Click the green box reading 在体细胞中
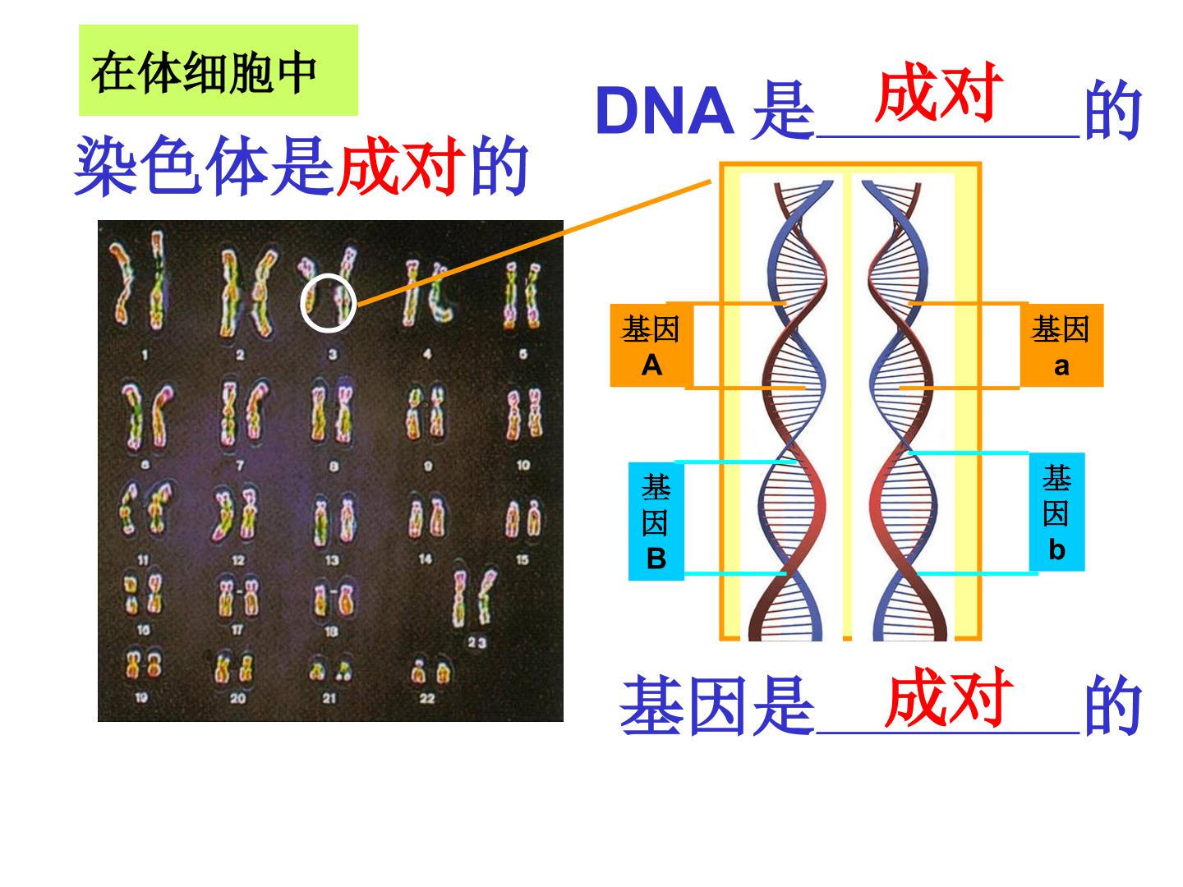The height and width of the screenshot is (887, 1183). click(x=219, y=70)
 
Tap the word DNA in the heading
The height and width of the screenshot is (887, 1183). click(x=665, y=110)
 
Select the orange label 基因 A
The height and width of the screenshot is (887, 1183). click(x=651, y=345)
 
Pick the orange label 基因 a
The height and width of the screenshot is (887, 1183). click(x=1061, y=345)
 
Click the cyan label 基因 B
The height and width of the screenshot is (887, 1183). click(x=656, y=522)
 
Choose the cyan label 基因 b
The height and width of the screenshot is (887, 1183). click(x=1056, y=512)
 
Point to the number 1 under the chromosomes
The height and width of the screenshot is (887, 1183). click(x=144, y=355)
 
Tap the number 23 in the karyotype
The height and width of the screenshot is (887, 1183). click(x=476, y=642)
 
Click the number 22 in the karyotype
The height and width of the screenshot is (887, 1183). click(x=427, y=698)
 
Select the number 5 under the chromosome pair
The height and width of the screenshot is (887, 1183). click(x=522, y=354)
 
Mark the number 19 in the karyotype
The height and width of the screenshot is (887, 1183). click(x=141, y=698)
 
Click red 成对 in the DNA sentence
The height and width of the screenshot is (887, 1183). click(x=939, y=91)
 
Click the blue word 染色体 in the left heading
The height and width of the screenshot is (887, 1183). click(x=172, y=165)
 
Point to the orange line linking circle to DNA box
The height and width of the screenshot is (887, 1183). click(x=533, y=243)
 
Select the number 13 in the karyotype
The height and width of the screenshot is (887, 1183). click(x=332, y=560)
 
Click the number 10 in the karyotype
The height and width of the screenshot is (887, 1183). click(x=522, y=465)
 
